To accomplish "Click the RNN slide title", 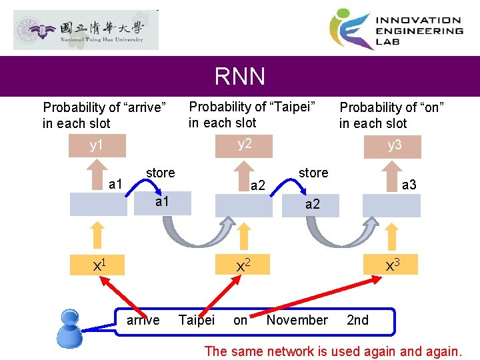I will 240,77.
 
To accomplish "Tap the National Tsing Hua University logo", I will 86,30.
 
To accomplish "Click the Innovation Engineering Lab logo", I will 396,29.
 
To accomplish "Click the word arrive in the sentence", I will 143,320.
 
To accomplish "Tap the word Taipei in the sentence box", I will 197,320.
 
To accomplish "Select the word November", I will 297,320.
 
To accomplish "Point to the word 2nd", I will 358,320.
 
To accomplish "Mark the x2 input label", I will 244,265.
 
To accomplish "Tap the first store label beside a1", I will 160,173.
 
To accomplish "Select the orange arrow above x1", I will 97,235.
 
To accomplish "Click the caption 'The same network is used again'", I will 333,351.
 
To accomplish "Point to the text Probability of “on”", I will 391,107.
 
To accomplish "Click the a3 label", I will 409,185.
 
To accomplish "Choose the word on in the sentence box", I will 241,320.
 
